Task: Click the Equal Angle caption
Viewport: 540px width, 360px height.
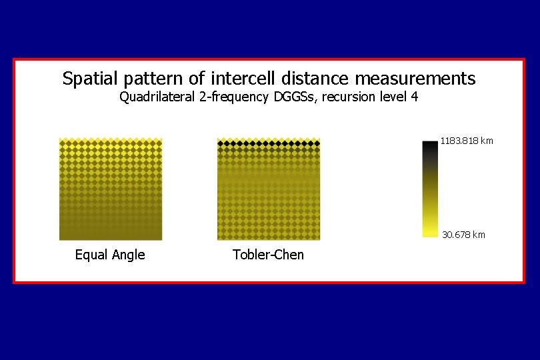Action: coord(110,255)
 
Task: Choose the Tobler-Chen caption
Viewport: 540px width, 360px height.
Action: coord(268,255)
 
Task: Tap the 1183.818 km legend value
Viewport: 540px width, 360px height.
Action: coord(467,141)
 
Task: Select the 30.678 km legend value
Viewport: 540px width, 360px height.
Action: coord(464,235)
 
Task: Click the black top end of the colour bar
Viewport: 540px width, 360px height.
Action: coord(430,145)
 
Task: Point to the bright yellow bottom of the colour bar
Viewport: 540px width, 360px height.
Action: coord(430,232)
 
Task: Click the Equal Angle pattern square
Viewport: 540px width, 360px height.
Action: coord(111,189)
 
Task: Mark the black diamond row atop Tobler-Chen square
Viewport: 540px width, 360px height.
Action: coord(269,143)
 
